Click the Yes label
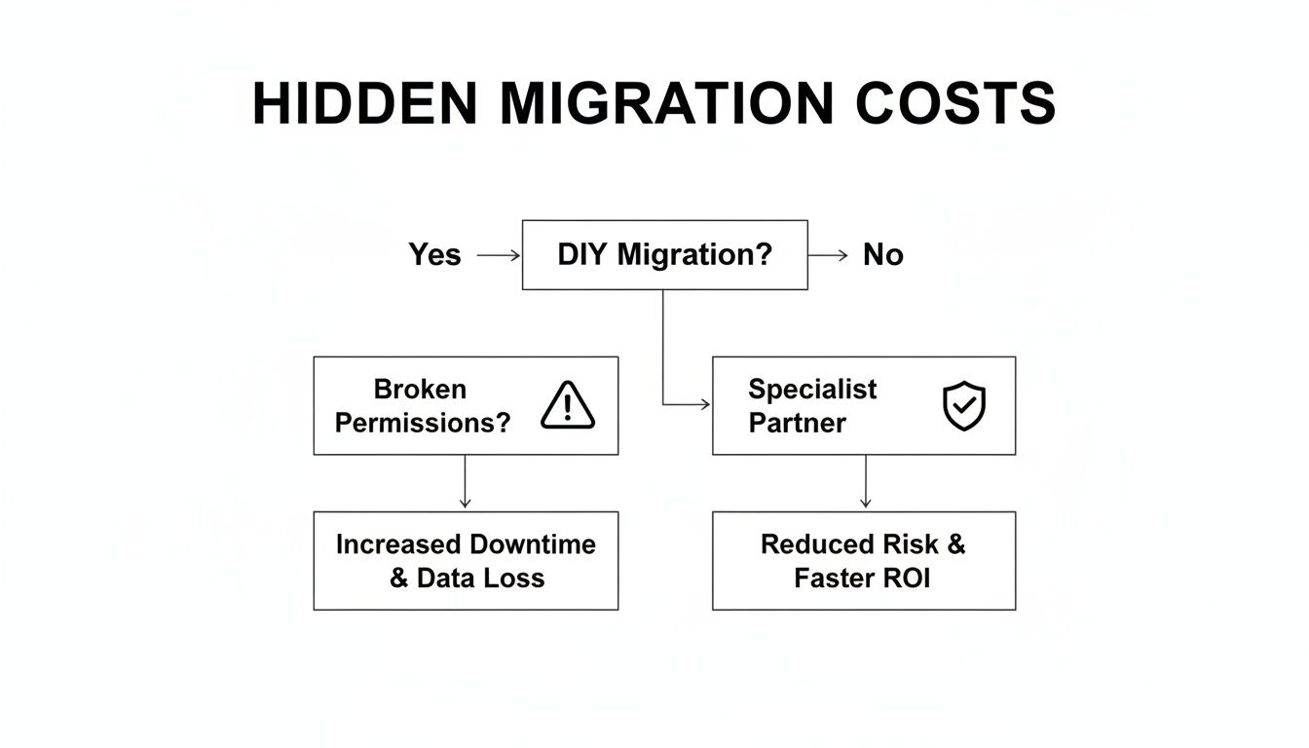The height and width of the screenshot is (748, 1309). coord(434,255)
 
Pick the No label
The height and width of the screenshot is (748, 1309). coord(883,255)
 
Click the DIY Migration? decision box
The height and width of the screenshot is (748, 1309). coord(664,255)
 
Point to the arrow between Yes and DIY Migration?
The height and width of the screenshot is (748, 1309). coord(499,255)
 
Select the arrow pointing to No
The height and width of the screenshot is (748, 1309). coord(829,255)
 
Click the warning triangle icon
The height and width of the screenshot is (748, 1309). coord(568,405)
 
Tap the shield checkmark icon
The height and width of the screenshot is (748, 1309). coord(964,406)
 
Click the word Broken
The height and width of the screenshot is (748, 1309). coord(420,390)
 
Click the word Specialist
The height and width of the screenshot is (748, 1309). coord(812,390)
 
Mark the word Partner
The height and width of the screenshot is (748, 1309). coord(797,423)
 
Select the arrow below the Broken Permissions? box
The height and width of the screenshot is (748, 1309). coord(465,482)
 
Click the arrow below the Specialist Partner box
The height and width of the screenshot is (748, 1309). coord(865,482)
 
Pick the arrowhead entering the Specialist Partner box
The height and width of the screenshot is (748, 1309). coord(704,404)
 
